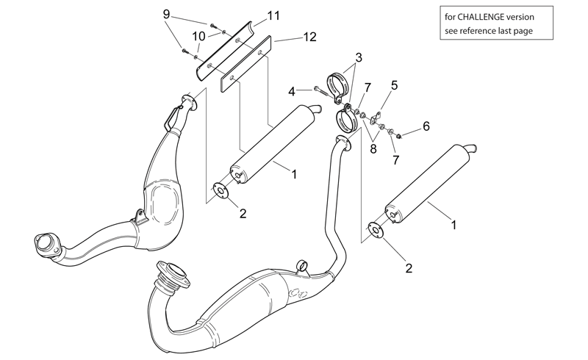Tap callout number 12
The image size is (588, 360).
pyautogui.click(x=309, y=37)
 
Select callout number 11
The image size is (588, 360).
pyautogui.click(x=273, y=15)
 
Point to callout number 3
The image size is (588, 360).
pyautogui.click(x=359, y=58)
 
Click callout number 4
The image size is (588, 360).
pyautogui.click(x=292, y=91)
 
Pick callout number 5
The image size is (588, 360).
pyautogui.click(x=394, y=85)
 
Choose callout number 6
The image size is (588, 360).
pyautogui.click(x=426, y=126)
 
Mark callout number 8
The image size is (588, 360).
pyautogui.click(x=373, y=149)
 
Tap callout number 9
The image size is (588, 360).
pyautogui.click(x=167, y=14)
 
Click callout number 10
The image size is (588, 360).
pyautogui.click(x=199, y=37)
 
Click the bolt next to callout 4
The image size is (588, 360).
pyautogui.click(x=323, y=92)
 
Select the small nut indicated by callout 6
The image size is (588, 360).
pyautogui.click(x=399, y=135)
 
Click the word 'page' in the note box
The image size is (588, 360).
pyautogui.click(x=523, y=31)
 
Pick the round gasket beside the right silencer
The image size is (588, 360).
pyautogui.click(x=376, y=230)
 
